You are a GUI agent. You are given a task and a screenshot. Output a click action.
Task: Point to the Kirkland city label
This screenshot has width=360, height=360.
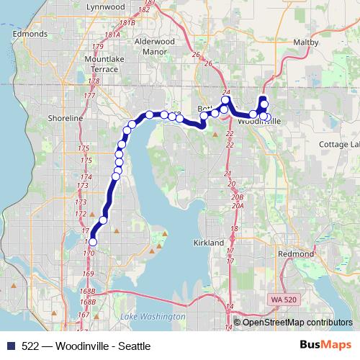click(209, 243)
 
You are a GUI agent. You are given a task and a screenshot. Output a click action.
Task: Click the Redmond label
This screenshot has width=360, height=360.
click(297, 254)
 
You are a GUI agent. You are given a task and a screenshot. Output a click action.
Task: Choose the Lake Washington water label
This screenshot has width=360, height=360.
click(153, 317)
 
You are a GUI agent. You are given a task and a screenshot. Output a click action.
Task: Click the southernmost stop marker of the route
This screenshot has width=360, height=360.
click(92, 243)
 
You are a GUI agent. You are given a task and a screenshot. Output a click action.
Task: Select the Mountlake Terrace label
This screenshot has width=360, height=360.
click(101, 64)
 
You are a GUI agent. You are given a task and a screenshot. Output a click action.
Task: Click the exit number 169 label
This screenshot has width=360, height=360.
click(89, 274)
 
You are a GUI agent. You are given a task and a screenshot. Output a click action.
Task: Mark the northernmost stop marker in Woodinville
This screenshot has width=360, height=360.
click(263, 100)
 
